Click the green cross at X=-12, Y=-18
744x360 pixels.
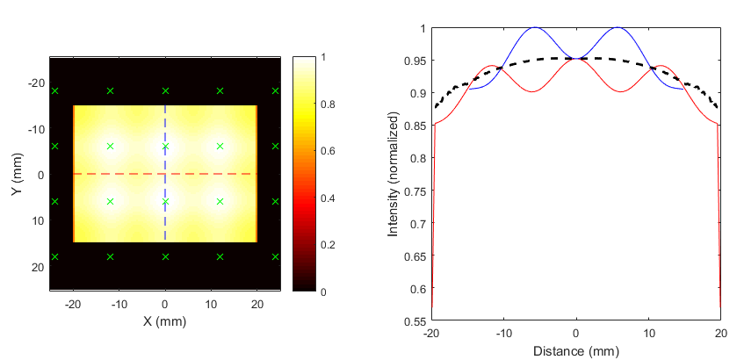pos(110,90)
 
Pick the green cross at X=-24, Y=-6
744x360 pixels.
pos(55,146)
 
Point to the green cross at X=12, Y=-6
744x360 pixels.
pos(220,146)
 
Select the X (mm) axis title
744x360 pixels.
pos(165,321)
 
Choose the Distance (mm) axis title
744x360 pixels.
pos(575,352)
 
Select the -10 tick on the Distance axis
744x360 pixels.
pos(502,334)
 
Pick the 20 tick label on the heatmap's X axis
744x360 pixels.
pos(256,302)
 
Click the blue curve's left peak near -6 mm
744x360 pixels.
pos(532,27)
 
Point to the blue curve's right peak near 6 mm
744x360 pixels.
pos(618,27)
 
